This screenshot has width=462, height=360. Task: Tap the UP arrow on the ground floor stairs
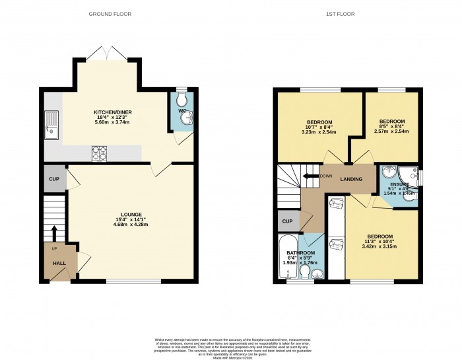coord(55,233)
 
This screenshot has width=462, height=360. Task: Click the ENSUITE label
coord(399,184)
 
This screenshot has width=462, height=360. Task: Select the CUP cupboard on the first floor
coord(287,221)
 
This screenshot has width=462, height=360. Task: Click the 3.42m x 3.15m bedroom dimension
coord(380,248)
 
